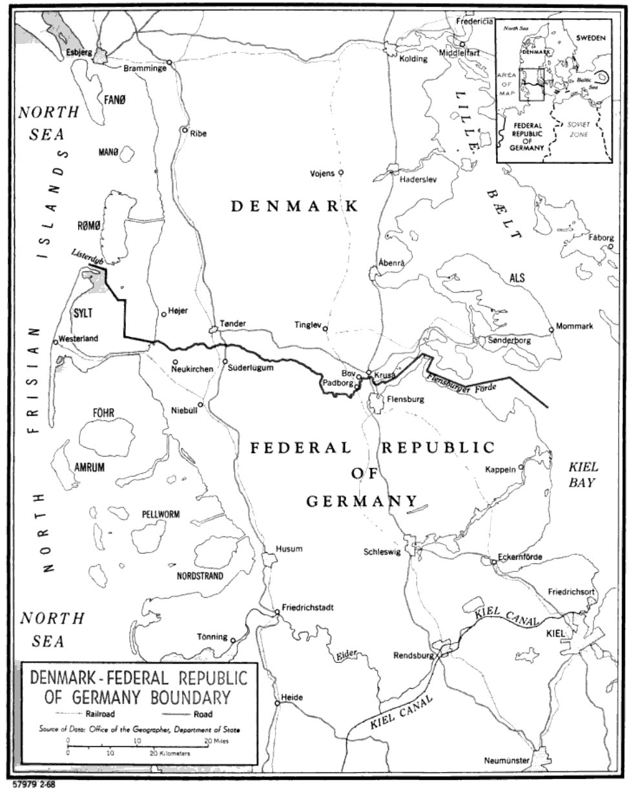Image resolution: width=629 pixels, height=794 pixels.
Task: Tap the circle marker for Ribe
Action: [x=185, y=130]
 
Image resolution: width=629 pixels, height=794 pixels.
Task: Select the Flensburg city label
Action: [x=405, y=399]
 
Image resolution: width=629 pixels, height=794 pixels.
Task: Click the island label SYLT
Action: [x=83, y=313]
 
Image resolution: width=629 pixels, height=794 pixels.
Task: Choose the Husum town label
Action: [x=289, y=549]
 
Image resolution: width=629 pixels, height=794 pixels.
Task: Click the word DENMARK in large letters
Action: [x=295, y=206]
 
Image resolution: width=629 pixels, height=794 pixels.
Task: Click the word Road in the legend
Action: [x=203, y=714]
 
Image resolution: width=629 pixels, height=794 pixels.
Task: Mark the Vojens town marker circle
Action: [x=341, y=172]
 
